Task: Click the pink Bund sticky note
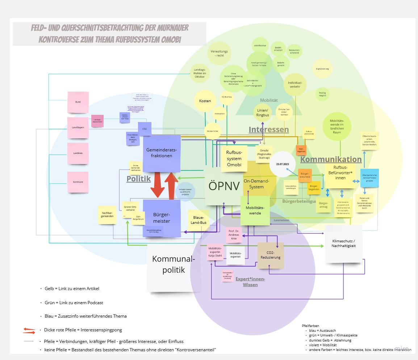coord(78,102)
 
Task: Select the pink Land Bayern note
coord(78,127)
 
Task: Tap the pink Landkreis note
coord(78,153)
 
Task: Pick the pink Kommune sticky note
coord(78,181)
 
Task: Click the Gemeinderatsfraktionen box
coord(162,153)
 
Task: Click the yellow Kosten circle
coord(205,101)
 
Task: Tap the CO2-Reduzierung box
coord(271,255)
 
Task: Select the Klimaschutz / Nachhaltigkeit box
coord(343,243)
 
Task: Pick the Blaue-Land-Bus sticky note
coord(198,220)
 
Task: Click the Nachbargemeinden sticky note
coord(108,214)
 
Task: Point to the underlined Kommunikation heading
coord(331,159)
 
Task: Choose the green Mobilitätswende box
coord(255,211)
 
